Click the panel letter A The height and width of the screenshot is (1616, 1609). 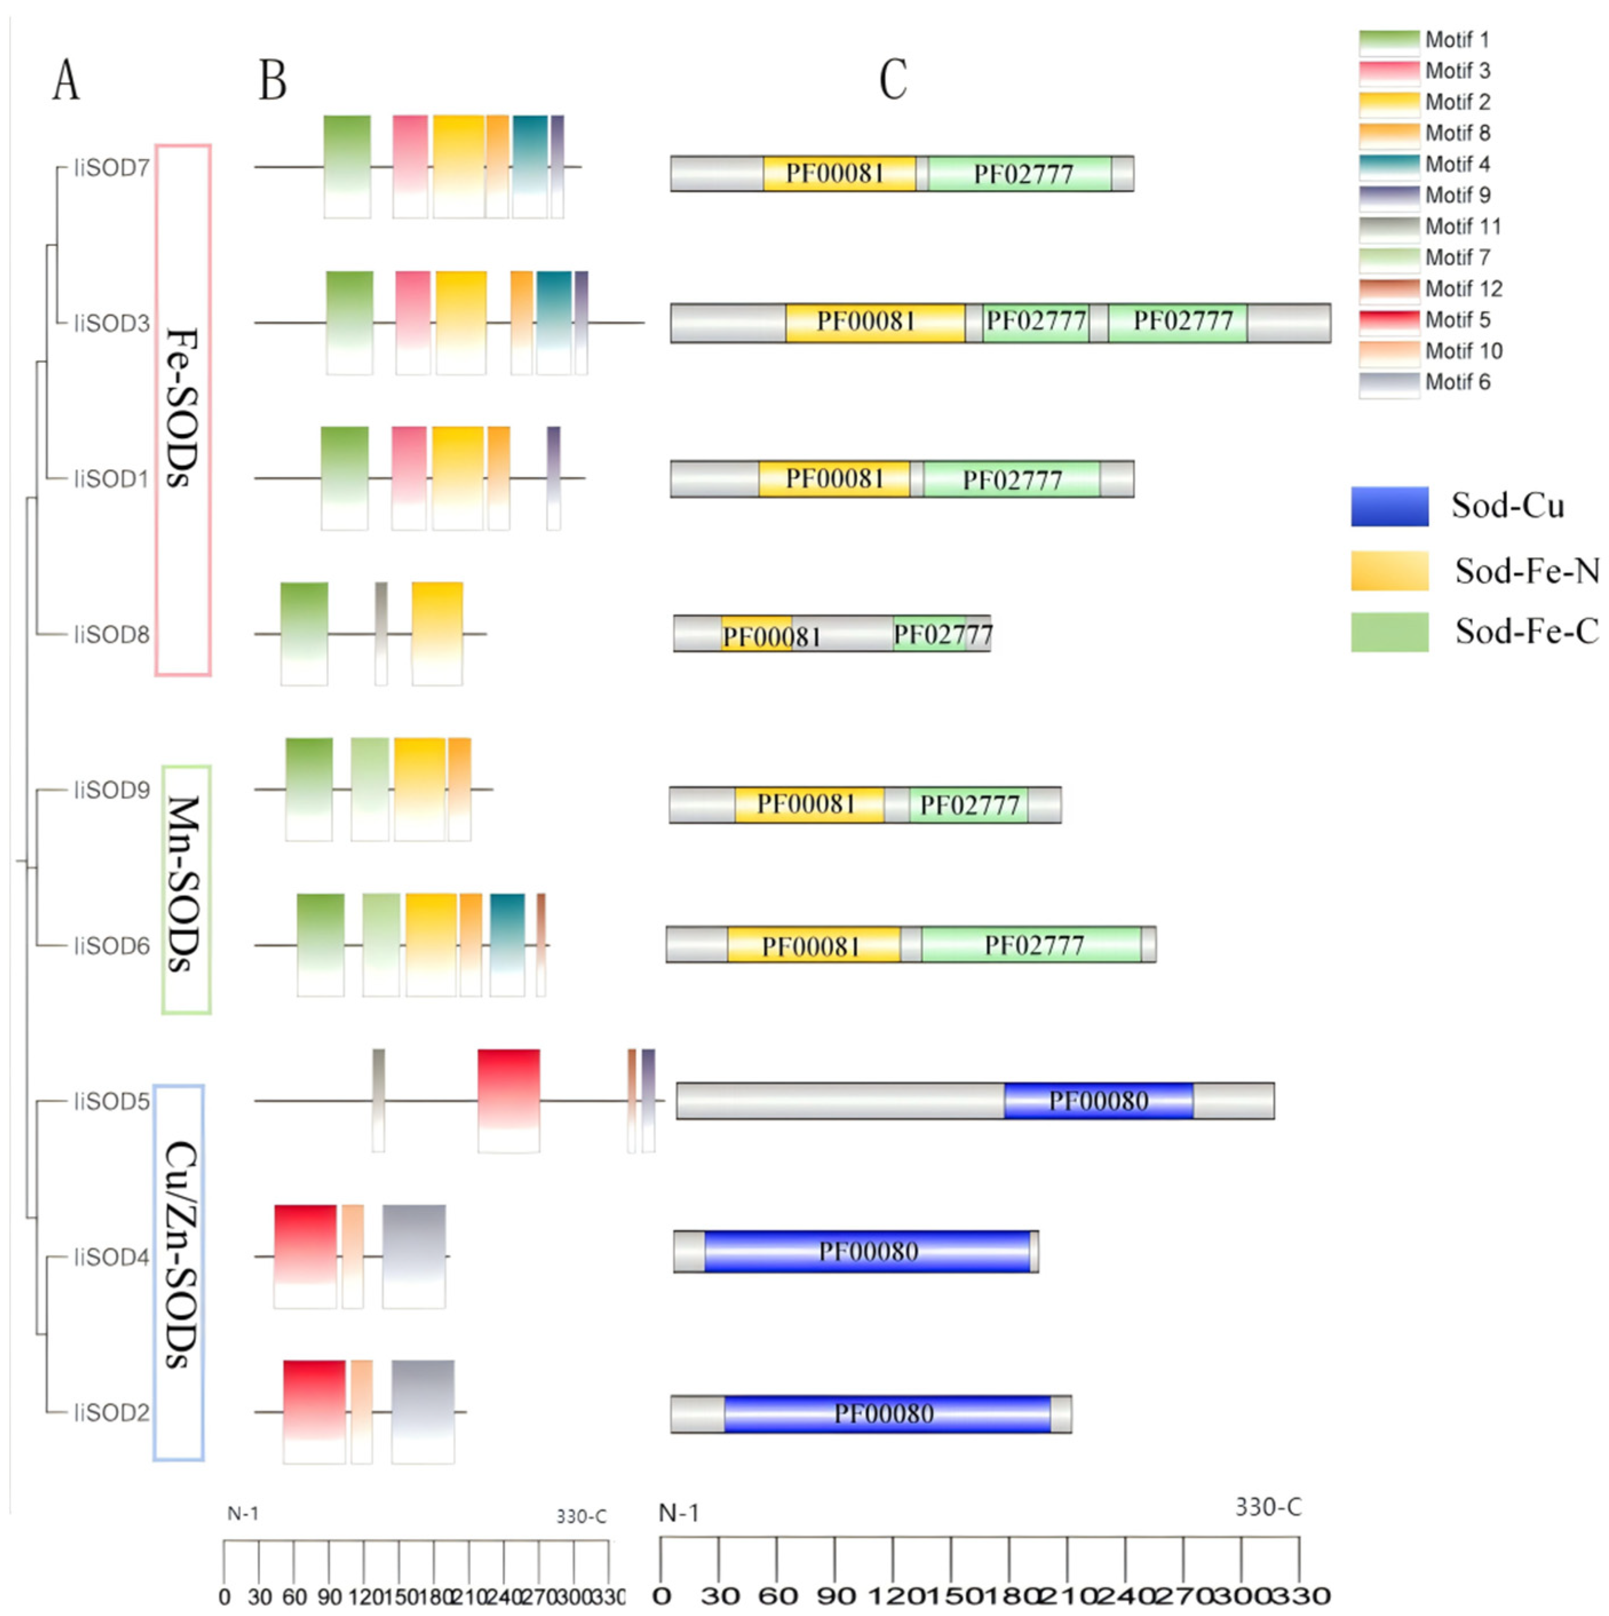[x=66, y=81]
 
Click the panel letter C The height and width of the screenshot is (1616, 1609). [x=893, y=81]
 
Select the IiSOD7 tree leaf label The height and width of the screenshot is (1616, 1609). [x=111, y=168]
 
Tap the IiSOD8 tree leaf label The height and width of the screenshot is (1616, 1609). [x=111, y=635]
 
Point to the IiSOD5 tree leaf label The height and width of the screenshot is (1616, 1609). [x=111, y=1102]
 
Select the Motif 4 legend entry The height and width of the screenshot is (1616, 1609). [x=1457, y=165]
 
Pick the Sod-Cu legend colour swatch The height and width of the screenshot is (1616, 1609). [x=1389, y=506]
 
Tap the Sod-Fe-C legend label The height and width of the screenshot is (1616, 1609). [x=1526, y=632]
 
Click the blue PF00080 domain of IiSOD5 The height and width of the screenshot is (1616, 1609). [x=1098, y=1101]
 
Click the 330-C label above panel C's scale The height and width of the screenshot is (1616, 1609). [x=1268, y=1507]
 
